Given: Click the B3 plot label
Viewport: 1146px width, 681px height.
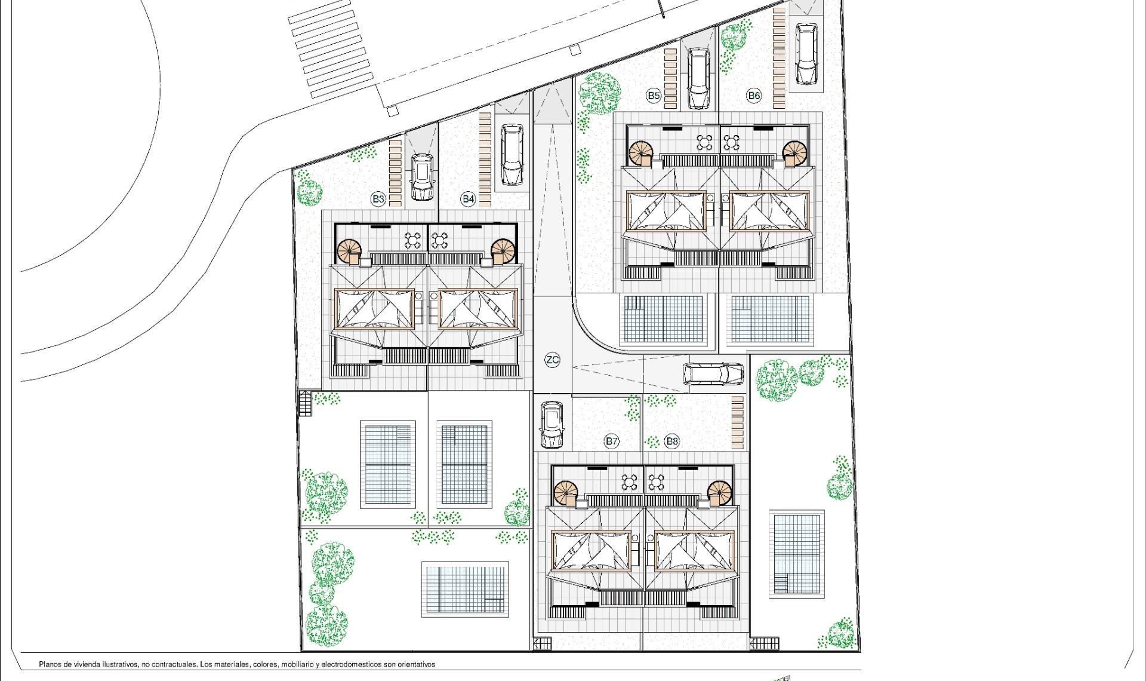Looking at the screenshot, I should point(378,199).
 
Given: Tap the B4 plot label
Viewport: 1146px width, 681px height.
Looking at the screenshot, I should point(468,199).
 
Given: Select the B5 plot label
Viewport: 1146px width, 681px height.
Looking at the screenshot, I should point(654,95).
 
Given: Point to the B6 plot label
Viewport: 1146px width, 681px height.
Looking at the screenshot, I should point(754,95).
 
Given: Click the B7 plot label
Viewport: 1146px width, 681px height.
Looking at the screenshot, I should point(611,441).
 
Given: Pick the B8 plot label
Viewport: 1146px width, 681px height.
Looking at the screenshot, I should point(671,441).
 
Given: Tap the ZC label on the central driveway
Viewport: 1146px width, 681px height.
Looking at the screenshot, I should point(553,360).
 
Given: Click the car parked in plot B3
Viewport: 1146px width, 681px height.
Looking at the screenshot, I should point(422,177).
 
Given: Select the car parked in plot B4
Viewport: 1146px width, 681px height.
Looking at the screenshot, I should point(512,155).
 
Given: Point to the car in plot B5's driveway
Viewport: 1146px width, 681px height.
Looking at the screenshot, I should point(698,78).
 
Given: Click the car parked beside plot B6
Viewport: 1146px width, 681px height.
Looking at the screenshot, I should point(806,54).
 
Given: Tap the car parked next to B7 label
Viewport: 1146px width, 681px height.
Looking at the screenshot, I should point(552,424).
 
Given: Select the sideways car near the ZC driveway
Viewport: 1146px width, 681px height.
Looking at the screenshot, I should point(713,374).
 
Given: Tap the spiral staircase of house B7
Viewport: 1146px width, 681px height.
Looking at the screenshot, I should point(566,493).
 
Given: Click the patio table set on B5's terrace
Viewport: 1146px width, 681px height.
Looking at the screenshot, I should point(705,143).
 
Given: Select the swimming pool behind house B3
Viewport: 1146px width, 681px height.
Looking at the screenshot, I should point(387,465).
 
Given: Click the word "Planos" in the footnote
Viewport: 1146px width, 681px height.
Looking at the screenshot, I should point(51,664).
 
